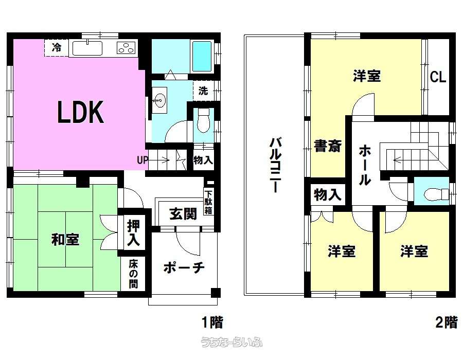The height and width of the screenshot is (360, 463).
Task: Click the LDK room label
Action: pyautogui.click(x=80, y=112)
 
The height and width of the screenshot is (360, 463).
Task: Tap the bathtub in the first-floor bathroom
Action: pyautogui.click(x=202, y=56)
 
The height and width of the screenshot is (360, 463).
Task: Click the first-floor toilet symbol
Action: pyautogui.click(x=203, y=120)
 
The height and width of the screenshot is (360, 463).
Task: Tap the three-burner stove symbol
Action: pyautogui.click(x=127, y=48)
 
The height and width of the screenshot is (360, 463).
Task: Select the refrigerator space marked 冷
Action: pyautogui.click(x=56, y=47)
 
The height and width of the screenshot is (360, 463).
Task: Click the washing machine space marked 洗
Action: pyautogui.click(x=203, y=91)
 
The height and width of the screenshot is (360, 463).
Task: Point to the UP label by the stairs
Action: pyautogui.click(x=143, y=160)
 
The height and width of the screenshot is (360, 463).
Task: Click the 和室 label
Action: pyautogui.click(x=65, y=239)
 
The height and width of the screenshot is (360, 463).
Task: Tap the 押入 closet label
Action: pyautogui.click(x=133, y=233)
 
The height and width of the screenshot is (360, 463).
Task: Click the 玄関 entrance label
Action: pyautogui.click(x=183, y=213)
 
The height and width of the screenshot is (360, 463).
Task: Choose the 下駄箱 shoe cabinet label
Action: pyautogui.click(x=208, y=203)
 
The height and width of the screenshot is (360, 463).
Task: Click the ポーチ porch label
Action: pyautogui.click(x=184, y=268)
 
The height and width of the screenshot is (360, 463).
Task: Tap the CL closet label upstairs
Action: pyautogui.click(x=438, y=77)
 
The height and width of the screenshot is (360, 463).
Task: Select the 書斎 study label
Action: pyautogui.click(x=328, y=146)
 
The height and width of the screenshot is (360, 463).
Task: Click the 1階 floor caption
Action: pyautogui.click(x=212, y=322)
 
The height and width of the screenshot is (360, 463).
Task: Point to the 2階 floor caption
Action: pyautogui.click(x=447, y=322)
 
